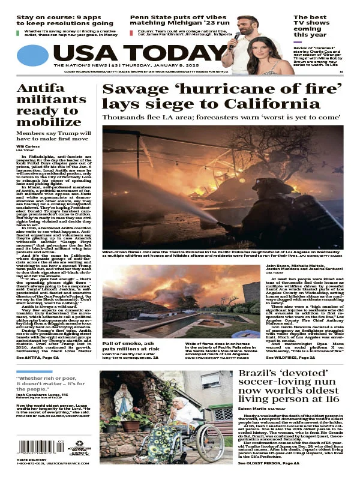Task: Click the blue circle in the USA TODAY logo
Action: pos(32,55)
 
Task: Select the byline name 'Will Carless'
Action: pos(27,146)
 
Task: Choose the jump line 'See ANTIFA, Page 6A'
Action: pos(38,357)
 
